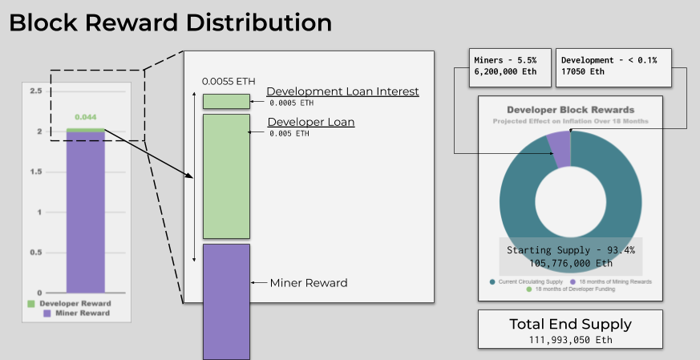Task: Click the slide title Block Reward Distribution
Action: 170,22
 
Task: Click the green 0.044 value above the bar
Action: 86,117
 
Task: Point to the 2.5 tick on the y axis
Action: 35,91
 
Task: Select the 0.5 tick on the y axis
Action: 35,253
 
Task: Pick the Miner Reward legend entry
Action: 79,313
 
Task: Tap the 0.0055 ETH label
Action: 229,82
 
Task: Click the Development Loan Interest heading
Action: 342,91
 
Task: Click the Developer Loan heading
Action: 310,123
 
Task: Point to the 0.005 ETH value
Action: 289,133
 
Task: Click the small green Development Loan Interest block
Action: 226,101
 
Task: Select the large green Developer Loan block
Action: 226,176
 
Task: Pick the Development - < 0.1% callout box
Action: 613,67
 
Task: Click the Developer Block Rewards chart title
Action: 570,109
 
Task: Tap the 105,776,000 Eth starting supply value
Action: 570,262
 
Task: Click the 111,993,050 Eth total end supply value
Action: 570,339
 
